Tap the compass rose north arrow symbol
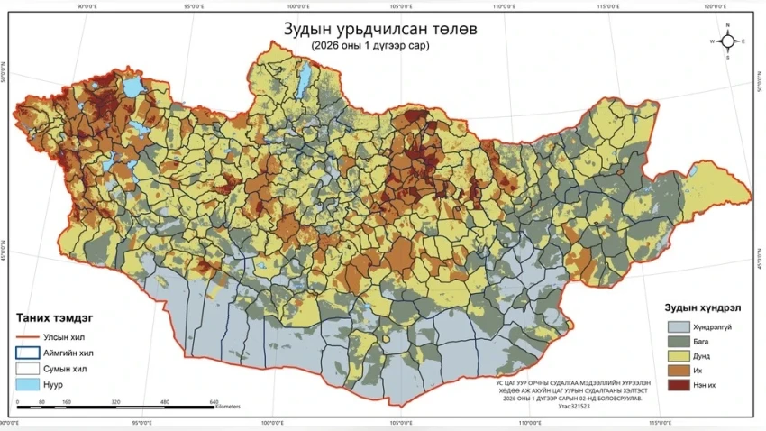point(728,41)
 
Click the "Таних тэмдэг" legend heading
point(55,317)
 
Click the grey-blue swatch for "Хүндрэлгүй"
point(678,326)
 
